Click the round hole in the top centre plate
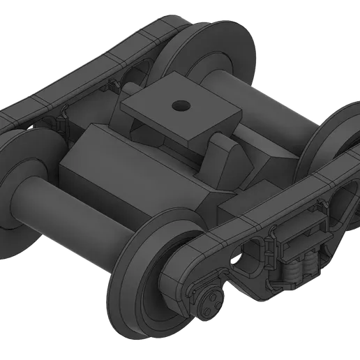pyautogui.click(x=180, y=106)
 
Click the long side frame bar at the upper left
pyautogui.click(x=84, y=70)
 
